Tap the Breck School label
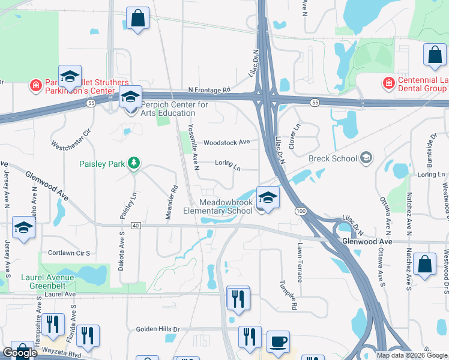[332, 158]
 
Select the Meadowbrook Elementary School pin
[268, 197]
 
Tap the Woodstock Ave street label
[226, 143]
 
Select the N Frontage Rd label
[209, 90]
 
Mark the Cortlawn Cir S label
[69, 253]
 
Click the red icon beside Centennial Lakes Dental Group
[388, 82]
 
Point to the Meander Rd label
[174, 197]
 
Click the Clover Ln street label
[295, 137]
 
